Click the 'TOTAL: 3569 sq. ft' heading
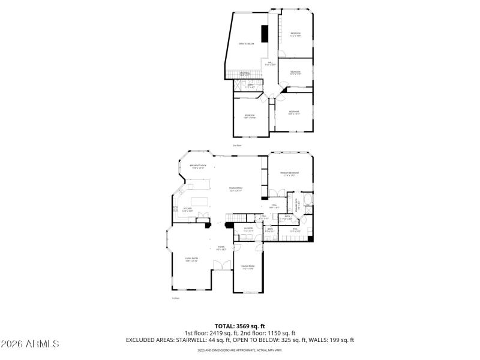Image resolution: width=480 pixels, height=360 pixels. (240, 326)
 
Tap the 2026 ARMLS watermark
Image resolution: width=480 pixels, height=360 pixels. (30, 344)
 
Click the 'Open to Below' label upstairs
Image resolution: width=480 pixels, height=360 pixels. (246, 44)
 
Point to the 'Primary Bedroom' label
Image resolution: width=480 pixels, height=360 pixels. (290, 174)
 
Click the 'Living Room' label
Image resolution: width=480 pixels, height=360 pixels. (191, 259)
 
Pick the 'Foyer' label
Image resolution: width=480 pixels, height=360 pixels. (221, 247)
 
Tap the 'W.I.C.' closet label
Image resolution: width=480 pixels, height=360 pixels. (295, 229)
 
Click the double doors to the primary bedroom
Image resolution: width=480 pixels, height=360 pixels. (276, 193)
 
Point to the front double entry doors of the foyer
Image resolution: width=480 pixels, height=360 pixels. (221, 271)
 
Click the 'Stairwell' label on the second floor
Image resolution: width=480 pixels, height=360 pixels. (245, 74)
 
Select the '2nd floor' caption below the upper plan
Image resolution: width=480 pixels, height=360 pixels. (237, 145)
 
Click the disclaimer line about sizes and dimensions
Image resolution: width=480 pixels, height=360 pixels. (240, 349)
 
